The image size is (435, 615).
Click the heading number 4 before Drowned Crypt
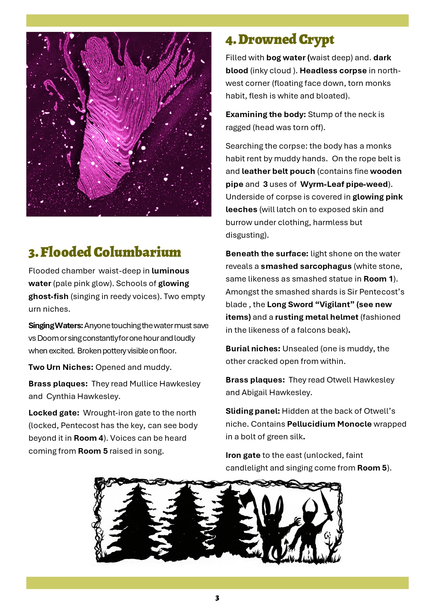(230, 40)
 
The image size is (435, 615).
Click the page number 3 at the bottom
(217, 598)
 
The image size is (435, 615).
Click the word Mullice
(143, 384)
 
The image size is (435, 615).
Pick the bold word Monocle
(354, 424)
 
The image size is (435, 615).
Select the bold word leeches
(241, 209)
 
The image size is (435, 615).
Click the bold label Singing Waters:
(55, 325)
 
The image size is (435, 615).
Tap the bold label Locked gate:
(54, 413)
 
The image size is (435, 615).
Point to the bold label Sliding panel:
(253, 411)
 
